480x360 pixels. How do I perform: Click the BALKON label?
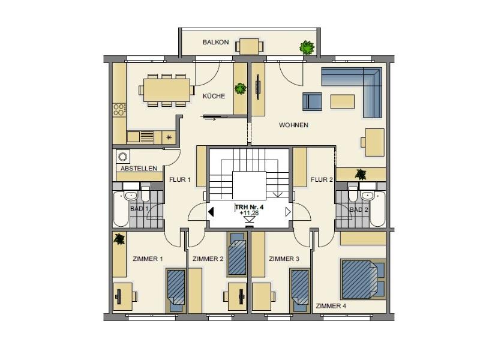coord(215,42)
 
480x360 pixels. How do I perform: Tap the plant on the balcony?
coord(307,47)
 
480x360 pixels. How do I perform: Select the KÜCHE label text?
coord(214,96)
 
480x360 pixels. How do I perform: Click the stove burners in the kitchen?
coord(119,110)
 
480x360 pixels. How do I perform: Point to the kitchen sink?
coord(140,137)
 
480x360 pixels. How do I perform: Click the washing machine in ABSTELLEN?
coord(123,157)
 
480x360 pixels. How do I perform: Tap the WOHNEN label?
coord(293,125)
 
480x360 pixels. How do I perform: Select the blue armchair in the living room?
coord(312,101)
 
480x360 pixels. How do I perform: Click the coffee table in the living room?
coord(342,101)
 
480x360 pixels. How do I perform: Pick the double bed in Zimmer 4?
coord(363,279)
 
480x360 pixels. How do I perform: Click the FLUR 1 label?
coord(179,179)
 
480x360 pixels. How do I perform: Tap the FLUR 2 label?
coord(322,179)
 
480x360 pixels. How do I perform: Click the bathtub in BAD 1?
coord(121,209)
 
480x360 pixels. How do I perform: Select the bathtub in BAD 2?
coord(377,209)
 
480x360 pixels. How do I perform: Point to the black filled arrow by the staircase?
coord(211,212)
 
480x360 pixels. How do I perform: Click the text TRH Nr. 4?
coord(250,207)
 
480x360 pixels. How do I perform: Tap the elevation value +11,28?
coord(249,213)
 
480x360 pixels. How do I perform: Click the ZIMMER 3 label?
coord(284,259)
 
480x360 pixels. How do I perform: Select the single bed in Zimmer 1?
coord(176,291)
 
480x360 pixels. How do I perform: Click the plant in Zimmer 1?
coord(119,239)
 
